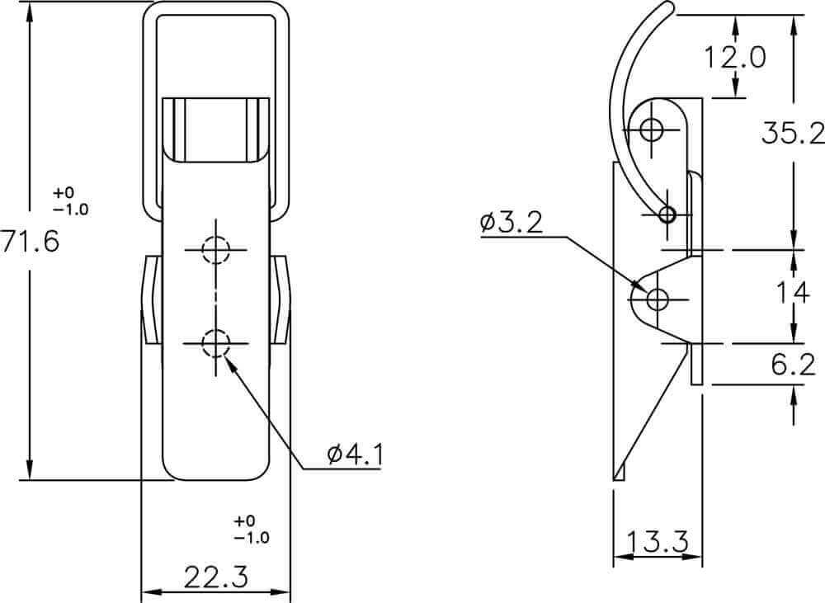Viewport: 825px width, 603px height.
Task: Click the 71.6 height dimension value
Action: coord(30,242)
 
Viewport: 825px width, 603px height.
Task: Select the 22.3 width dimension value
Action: coord(215,577)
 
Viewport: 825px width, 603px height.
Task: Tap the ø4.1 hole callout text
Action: coord(354,454)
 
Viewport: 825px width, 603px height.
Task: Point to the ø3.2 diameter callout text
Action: coord(511,223)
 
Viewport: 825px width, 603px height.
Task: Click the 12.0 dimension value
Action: coord(734,57)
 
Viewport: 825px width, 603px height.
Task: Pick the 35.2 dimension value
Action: coord(793,133)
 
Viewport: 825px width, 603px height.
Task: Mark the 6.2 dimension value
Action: coord(794,364)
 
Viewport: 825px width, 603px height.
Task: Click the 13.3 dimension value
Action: coord(658,541)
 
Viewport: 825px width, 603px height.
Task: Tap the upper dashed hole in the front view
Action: coord(215,250)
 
